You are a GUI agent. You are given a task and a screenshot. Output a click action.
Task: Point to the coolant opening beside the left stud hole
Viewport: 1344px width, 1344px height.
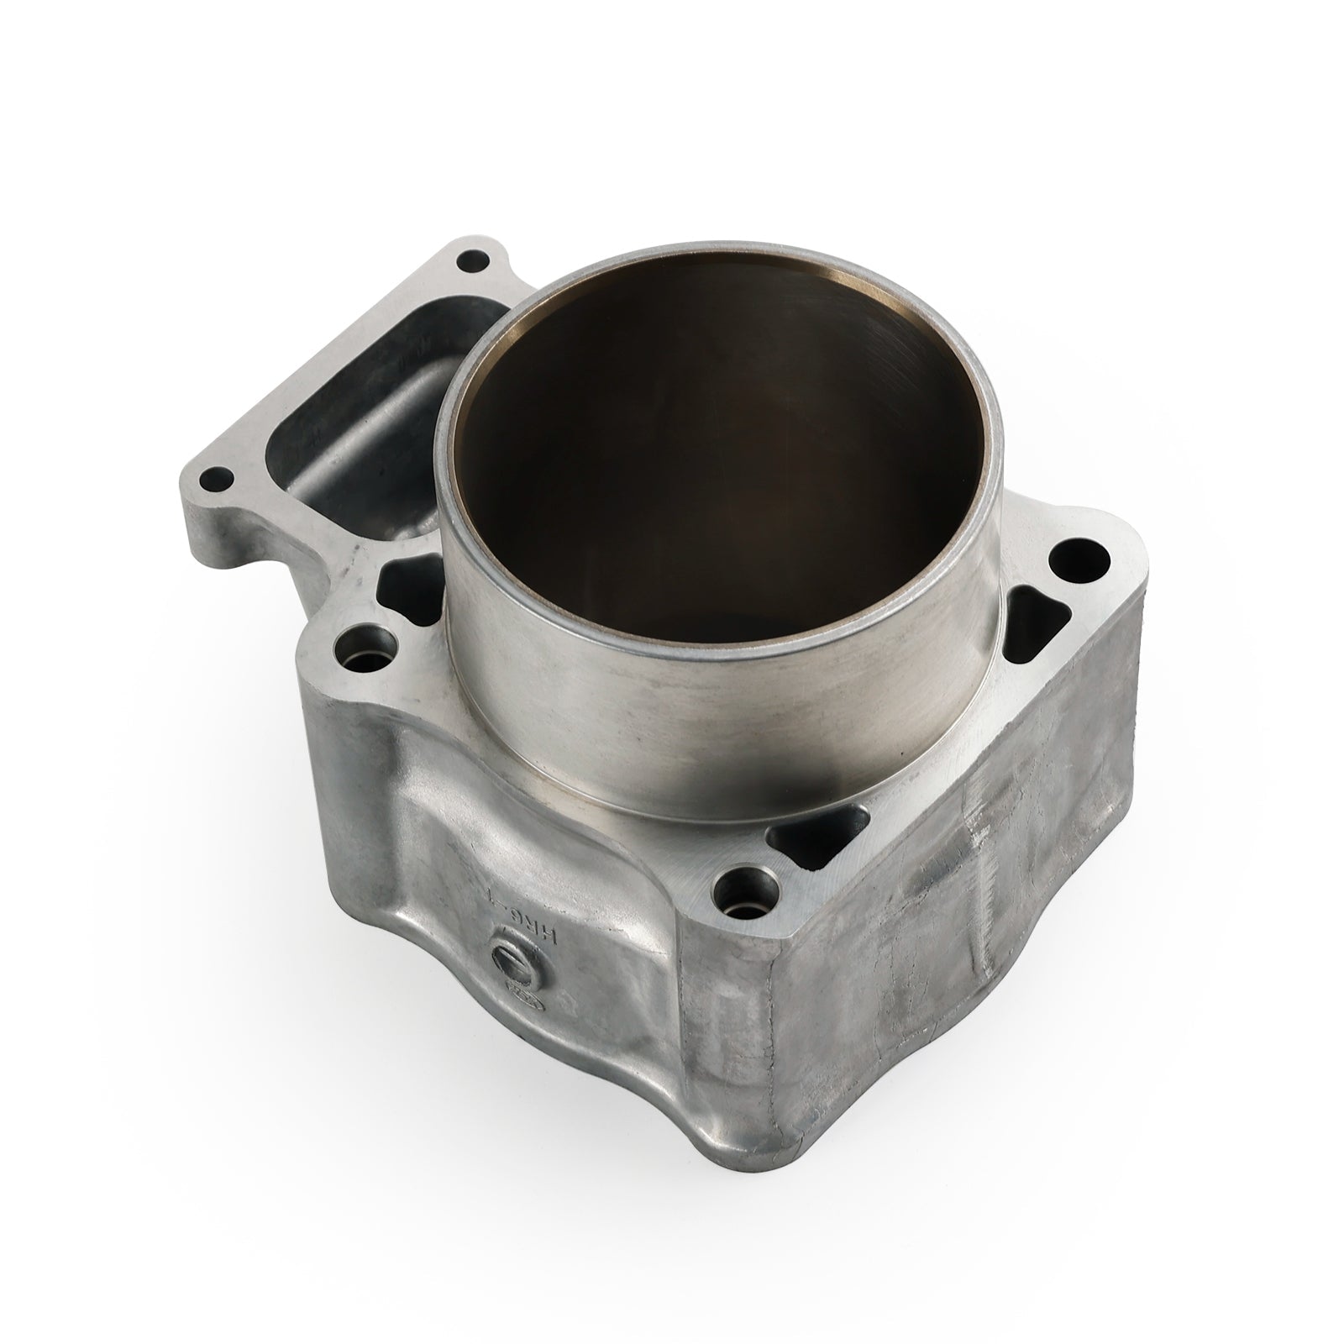403,584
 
